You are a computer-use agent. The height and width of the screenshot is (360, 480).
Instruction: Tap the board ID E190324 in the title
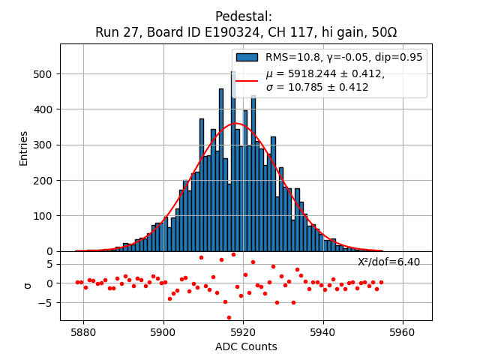pyautogui.click(x=214, y=32)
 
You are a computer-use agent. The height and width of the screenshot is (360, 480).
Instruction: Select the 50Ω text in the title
pyautogui.click(x=382, y=32)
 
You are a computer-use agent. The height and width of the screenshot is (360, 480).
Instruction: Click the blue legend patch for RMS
pyautogui.click(x=247, y=57)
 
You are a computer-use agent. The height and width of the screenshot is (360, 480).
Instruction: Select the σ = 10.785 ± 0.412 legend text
pyautogui.click(x=317, y=87)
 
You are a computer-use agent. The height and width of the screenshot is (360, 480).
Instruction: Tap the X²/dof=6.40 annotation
pyautogui.click(x=388, y=262)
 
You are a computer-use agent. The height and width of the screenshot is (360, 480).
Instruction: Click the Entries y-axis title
pyautogui.click(x=24, y=148)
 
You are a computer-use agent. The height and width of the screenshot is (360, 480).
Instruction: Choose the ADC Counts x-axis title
pyautogui.click(x=246, y=346)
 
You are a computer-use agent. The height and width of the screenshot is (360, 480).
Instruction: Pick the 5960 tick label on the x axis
pyautogui.click(x=403, y=331)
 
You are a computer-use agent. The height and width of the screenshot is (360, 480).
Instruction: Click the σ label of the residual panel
pyautogui.click(x=28, y=285)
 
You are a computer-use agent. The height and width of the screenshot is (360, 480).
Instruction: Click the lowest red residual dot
pyautogui.click(x=229, y=317)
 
